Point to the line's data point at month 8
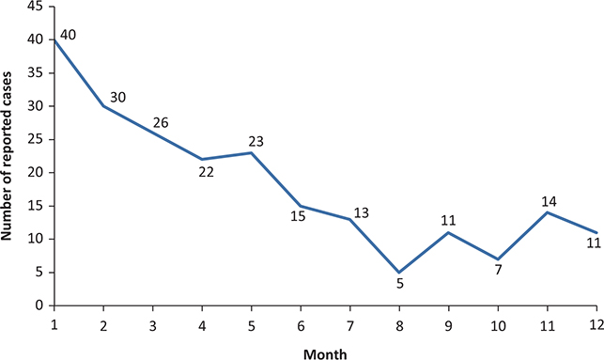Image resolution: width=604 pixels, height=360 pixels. (x=400, y=273)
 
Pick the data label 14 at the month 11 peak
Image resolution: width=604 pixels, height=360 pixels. (x=550, y=201)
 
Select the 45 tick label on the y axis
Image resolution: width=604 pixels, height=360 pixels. (x=35, y=7)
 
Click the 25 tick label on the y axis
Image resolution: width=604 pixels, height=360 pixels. (x=35, y=139)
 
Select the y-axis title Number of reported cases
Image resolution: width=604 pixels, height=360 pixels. (x=9, y=155)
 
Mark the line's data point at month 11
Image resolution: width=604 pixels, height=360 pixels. (x=549, y=212)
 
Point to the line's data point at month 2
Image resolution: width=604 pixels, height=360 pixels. (x=103, y=106)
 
